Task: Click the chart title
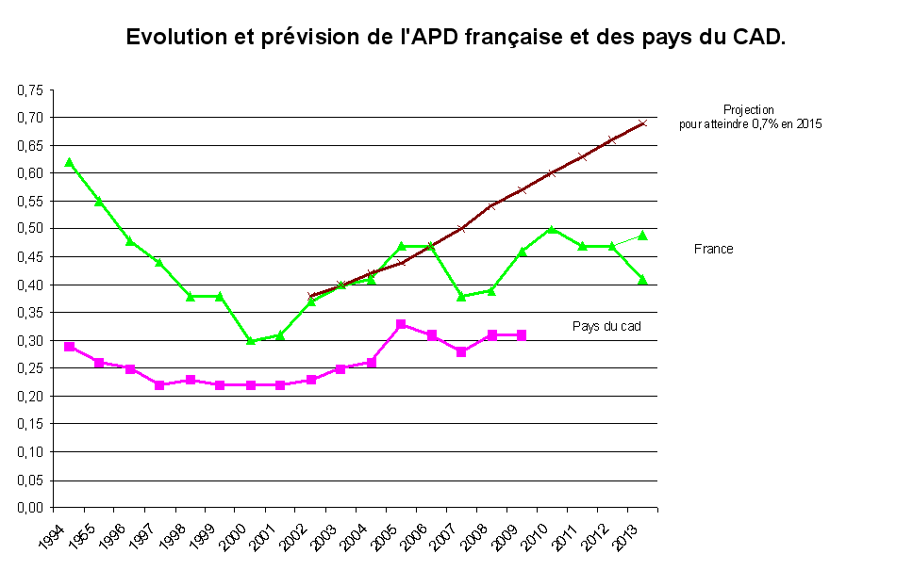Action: [456, 38]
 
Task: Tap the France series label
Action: [713, 250]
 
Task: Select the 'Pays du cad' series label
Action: [606, 326]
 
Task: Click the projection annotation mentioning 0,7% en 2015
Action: [749, 117]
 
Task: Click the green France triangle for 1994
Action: [69, 162]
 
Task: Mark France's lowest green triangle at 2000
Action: [251, 340]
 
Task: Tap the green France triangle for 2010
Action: [552, 229]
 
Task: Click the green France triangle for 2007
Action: [461, 296]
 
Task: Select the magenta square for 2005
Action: [401, 324]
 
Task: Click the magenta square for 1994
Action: [69, 347]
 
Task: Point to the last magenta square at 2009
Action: [522, 335]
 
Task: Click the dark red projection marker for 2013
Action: [642, 123]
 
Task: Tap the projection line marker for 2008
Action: [491, 206]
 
